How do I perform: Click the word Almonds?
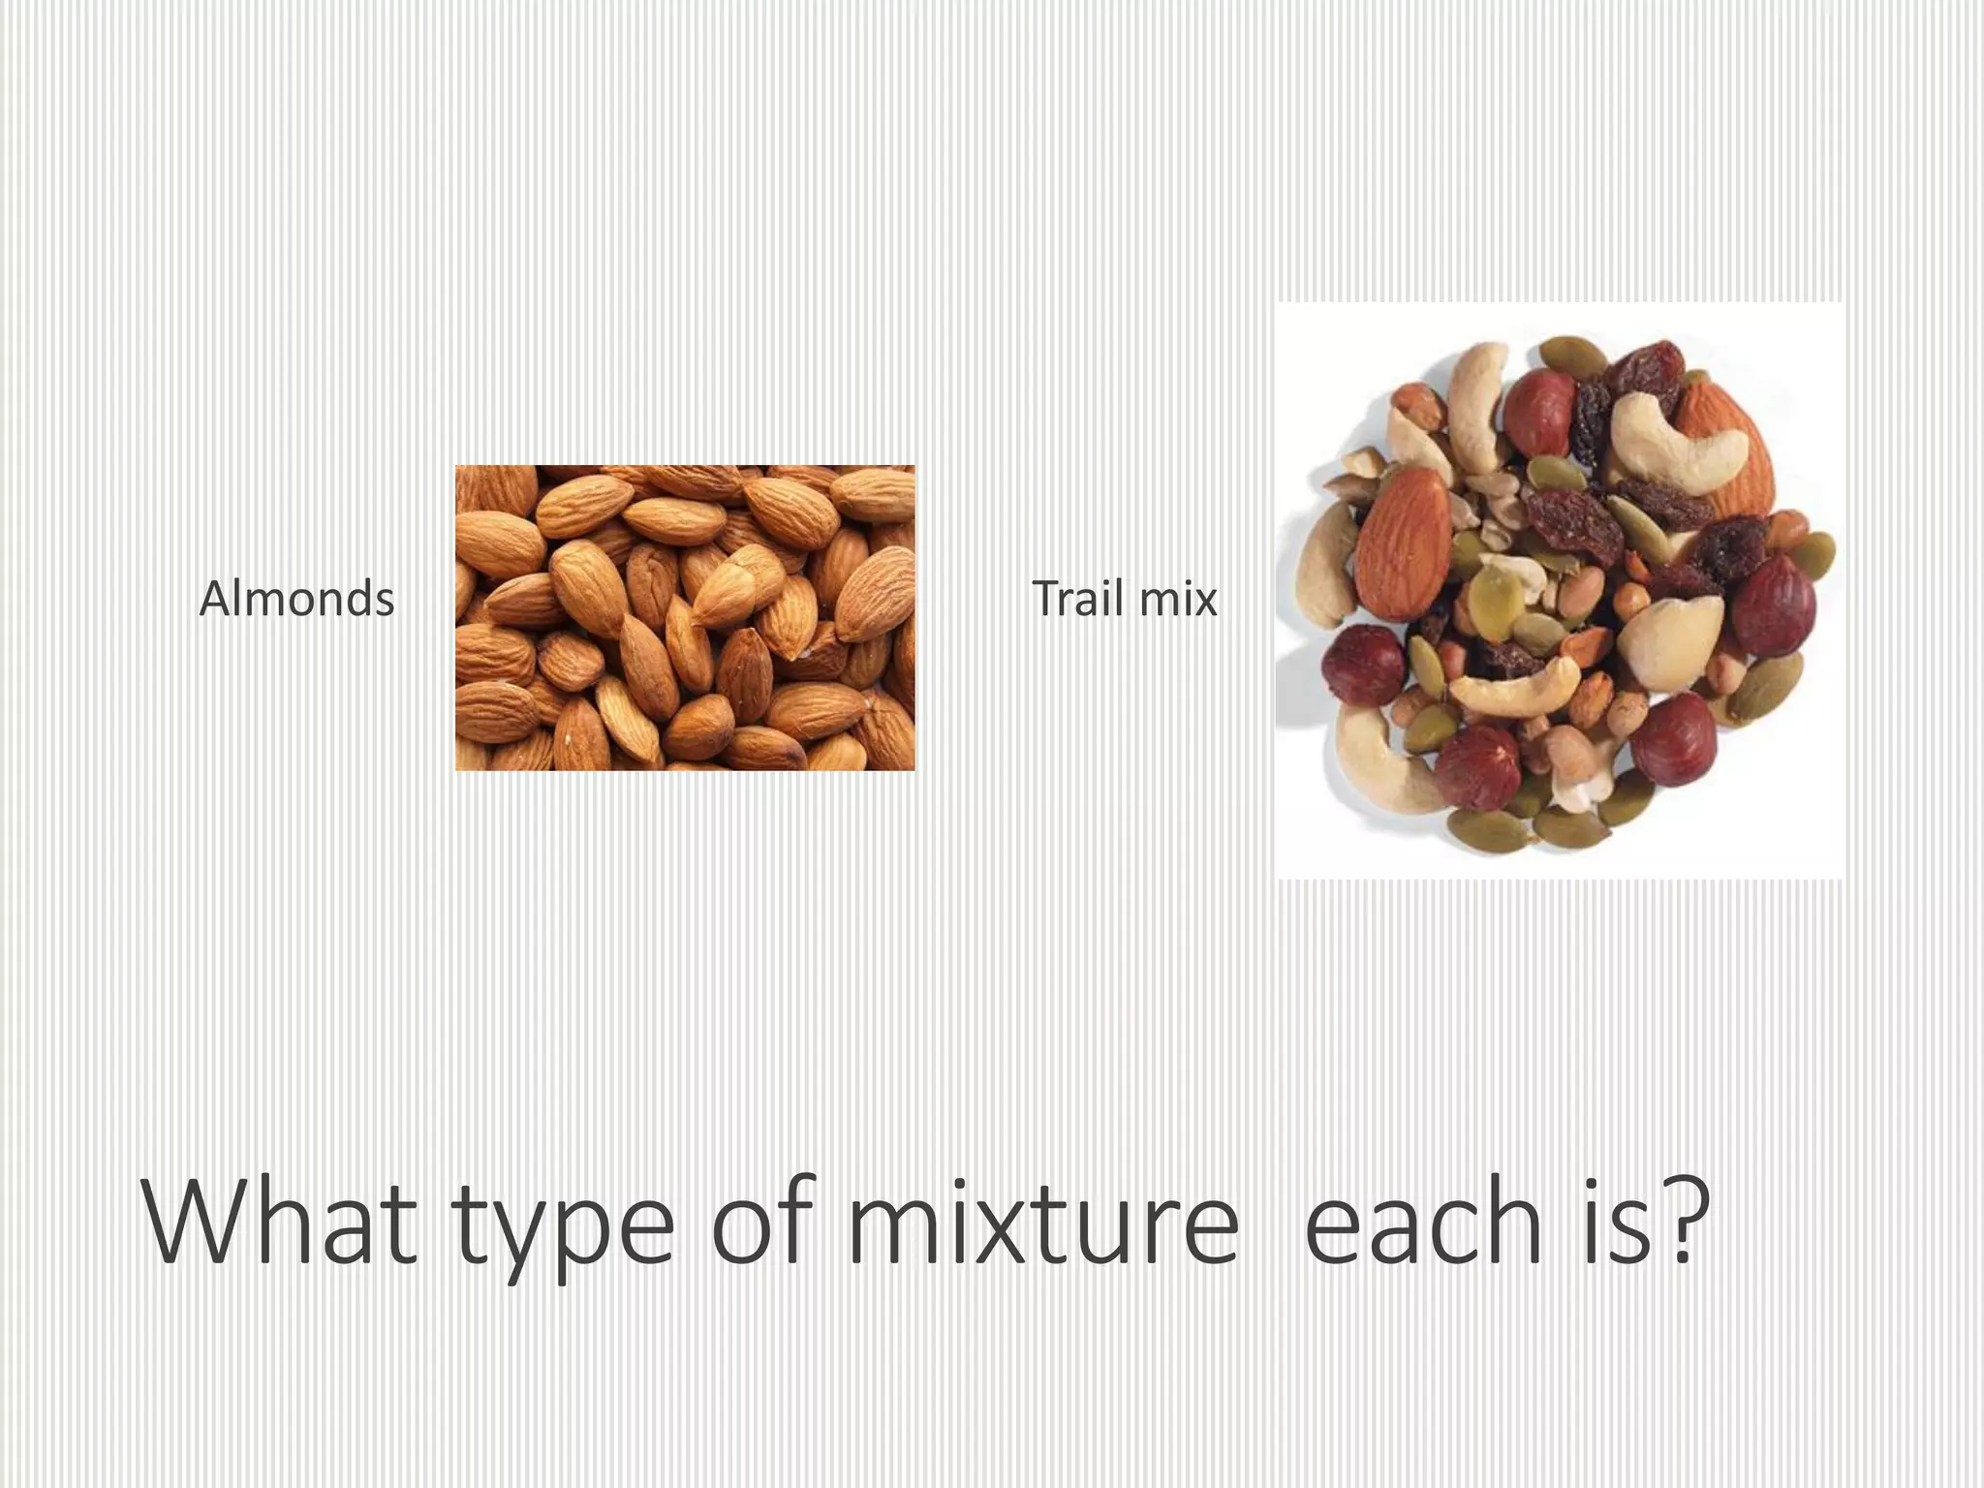296,599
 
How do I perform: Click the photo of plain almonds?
685,617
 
